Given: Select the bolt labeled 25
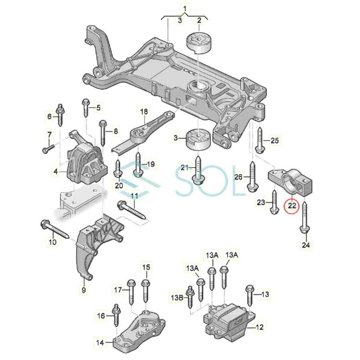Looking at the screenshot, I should (259, 141).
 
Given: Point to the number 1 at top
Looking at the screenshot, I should (185, 8).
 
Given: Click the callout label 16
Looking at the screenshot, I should (101, 316).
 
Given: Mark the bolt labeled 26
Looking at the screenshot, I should (252, 176).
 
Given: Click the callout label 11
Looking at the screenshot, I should (134, 196).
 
